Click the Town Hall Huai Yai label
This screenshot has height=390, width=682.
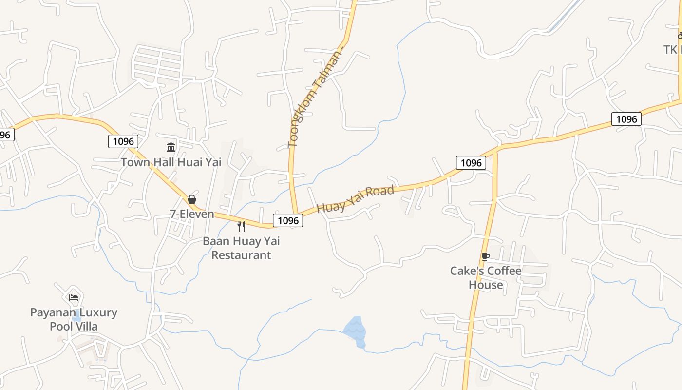171,162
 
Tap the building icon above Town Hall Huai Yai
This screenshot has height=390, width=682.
171,147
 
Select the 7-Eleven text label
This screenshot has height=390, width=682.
192,214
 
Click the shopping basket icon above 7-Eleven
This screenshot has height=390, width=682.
191,199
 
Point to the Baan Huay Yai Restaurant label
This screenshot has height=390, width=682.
241,248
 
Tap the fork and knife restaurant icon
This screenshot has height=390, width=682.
241,226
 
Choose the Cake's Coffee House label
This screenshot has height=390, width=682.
486,277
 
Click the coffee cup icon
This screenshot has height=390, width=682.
485,256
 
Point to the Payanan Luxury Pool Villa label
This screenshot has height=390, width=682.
74,319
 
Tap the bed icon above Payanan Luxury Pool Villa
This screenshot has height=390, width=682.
74,297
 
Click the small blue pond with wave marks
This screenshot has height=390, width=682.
355,330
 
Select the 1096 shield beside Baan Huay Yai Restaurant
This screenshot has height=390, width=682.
287,220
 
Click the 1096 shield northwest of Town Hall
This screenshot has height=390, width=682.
123,141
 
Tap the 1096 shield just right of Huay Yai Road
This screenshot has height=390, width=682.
471,163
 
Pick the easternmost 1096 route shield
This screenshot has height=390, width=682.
626,119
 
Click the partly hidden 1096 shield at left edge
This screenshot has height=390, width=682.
6,135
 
